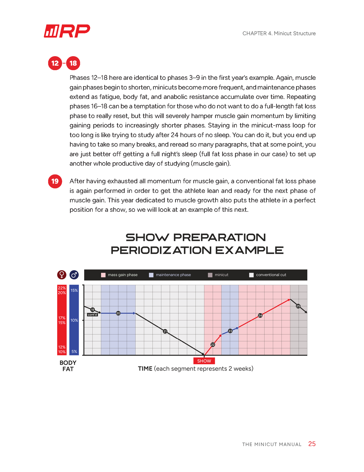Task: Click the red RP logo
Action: click(x=67, y=31)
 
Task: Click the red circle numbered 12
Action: click(x=55, y=63)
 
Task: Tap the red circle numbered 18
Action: click(x=73, y=63)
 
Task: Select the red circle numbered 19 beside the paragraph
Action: click(x=55, y=181)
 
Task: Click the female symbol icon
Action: click(x=62, y=275)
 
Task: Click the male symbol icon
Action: click(x=74, y=275)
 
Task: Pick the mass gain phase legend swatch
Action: click(x=103, y=275)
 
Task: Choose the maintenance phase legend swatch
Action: click(x=151, y=275)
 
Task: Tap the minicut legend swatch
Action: click(x=210, y=275)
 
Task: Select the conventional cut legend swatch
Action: click(x=251, y=275)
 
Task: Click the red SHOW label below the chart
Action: click(x=204, y=361)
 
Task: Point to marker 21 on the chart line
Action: click(x=165, y=331)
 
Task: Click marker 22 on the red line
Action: click(x=213, y=345)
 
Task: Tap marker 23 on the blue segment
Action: click(x=230, y=331)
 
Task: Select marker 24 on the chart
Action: click(x=260, y=315)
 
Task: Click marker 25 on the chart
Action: click(x=298, y=306)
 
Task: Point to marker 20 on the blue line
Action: click(x=118, y=313)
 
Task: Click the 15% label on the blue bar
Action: click(x=74, y=290)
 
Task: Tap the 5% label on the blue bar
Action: click(x=74, y=351)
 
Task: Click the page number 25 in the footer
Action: click(x=312, y=444)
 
